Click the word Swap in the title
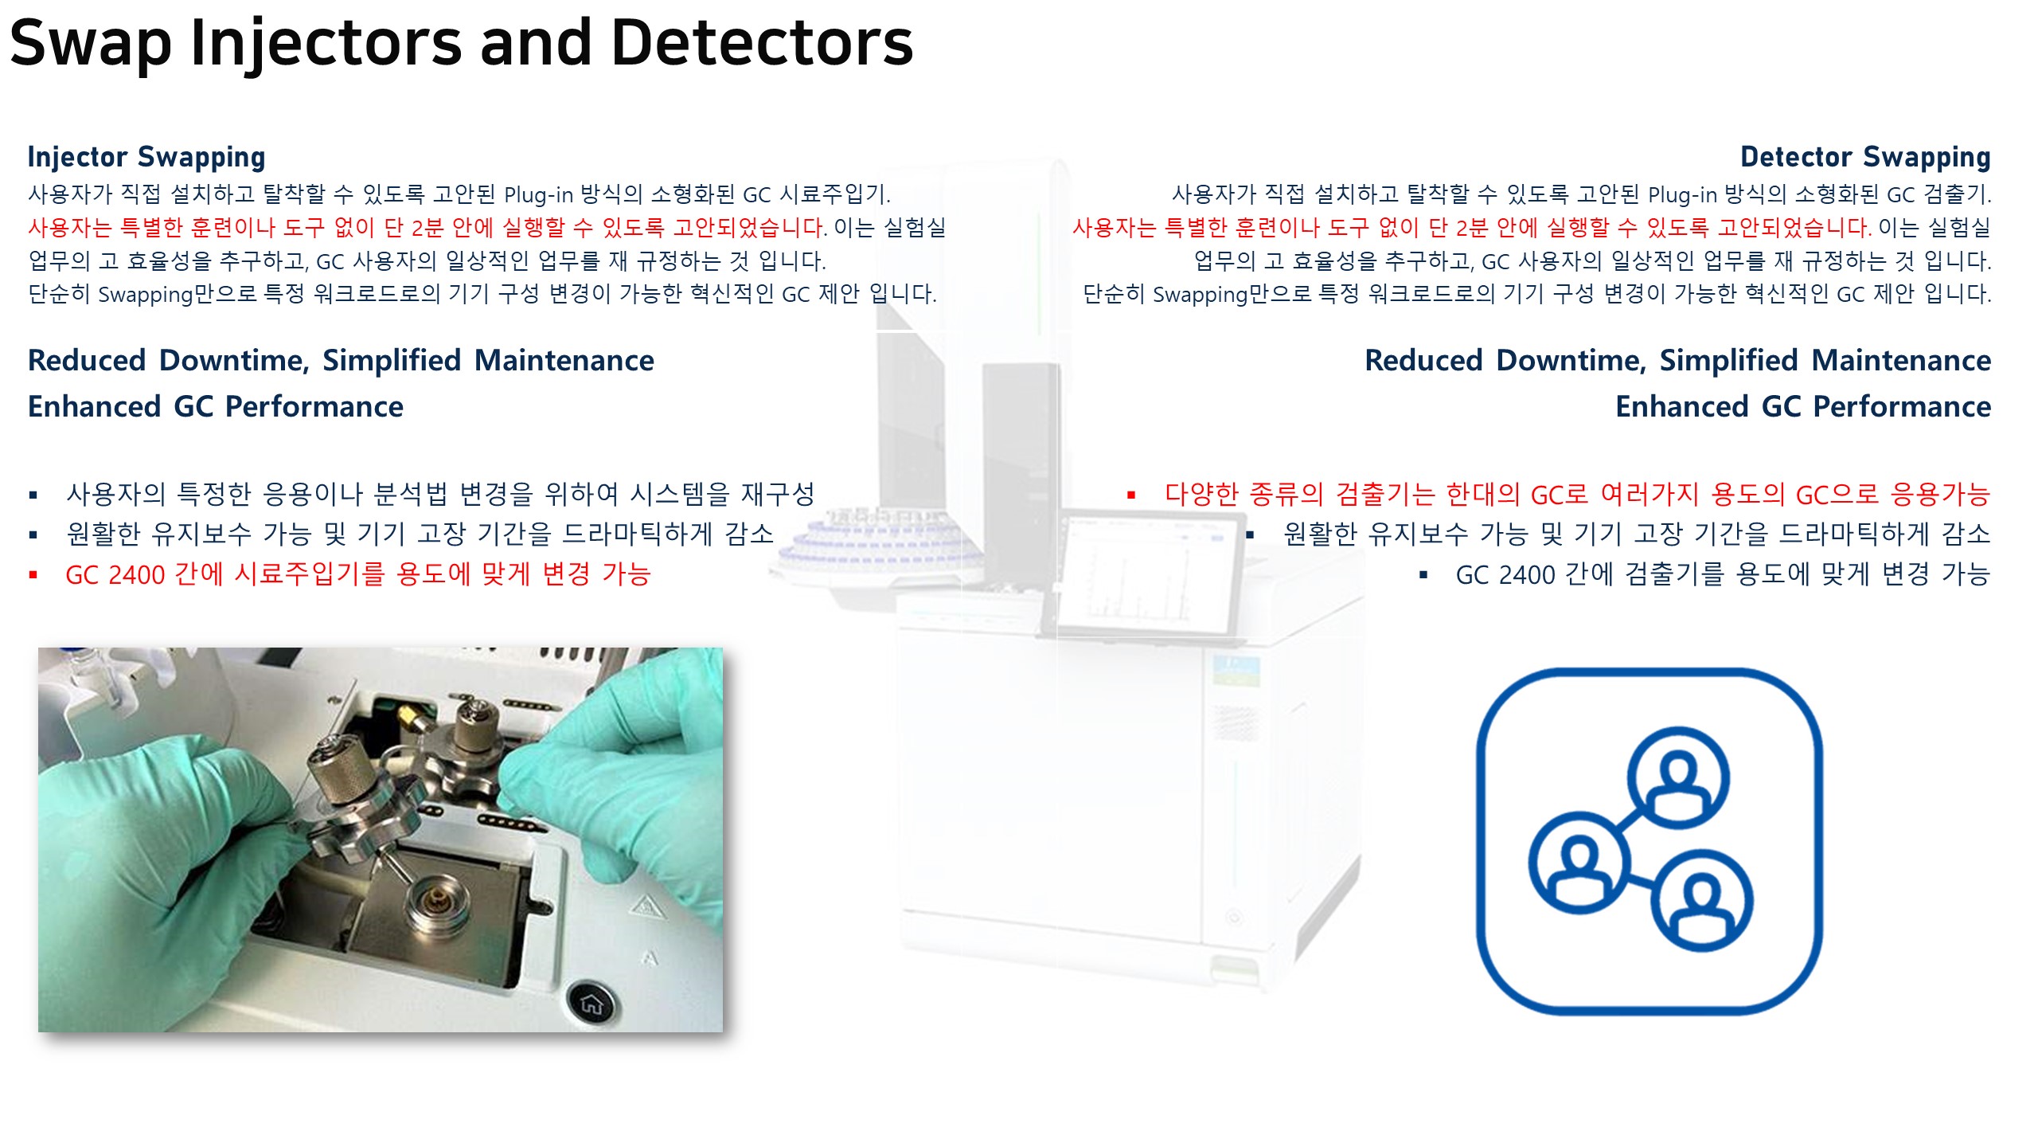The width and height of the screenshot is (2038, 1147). tap(90, 44)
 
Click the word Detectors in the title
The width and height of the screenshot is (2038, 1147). tap(762, 44)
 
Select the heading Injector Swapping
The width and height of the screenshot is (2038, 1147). tap(146, 157)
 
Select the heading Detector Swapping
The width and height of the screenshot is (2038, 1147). tap(1865, 157)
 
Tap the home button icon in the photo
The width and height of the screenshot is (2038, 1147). tap(591, 1004)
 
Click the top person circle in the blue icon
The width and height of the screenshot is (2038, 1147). tap(1677, 776)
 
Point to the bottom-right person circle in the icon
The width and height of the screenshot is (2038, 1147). tap(1701, 900)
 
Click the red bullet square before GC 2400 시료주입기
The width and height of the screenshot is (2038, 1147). tap(33, 574)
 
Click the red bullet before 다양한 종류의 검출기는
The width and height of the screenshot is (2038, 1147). tap(1131, 495)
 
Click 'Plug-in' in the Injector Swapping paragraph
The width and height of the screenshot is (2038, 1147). tap(538, 195)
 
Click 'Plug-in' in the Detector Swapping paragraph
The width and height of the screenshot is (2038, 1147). tap(1682, 195)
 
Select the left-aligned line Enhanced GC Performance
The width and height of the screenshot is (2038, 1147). tap(216, 407)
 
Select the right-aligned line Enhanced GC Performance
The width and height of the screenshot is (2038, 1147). tap(1803, 407)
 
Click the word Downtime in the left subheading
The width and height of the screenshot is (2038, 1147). tap(234, 361)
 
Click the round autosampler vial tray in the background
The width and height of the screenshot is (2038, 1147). tap(876, 542)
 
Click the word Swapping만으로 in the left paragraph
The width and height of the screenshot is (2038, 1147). tap(178, 295)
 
